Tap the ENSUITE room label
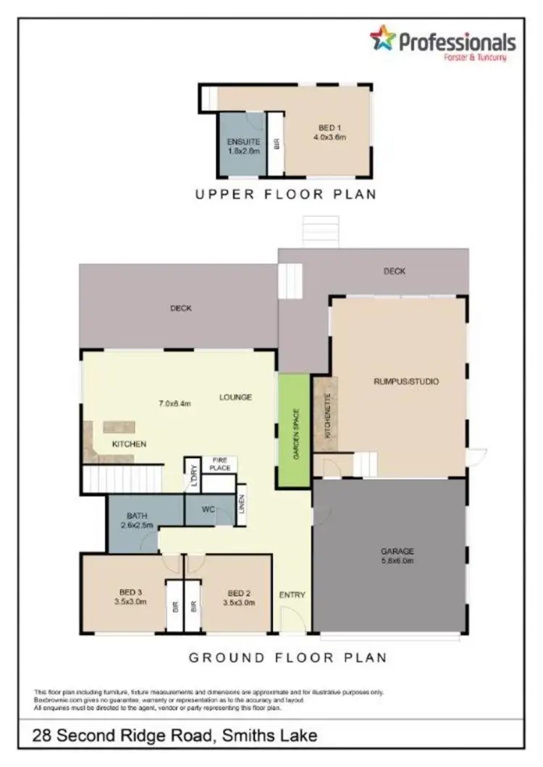(x=243, y=142)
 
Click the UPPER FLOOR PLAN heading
(x=285, y=194)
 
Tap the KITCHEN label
(x=129, y=444)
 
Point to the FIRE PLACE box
(x=220, y=464)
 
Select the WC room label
(x=209, y=509)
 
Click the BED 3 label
(x=130, y=591)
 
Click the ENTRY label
(x=292, y=595)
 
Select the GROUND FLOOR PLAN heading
(x=287, y=658)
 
